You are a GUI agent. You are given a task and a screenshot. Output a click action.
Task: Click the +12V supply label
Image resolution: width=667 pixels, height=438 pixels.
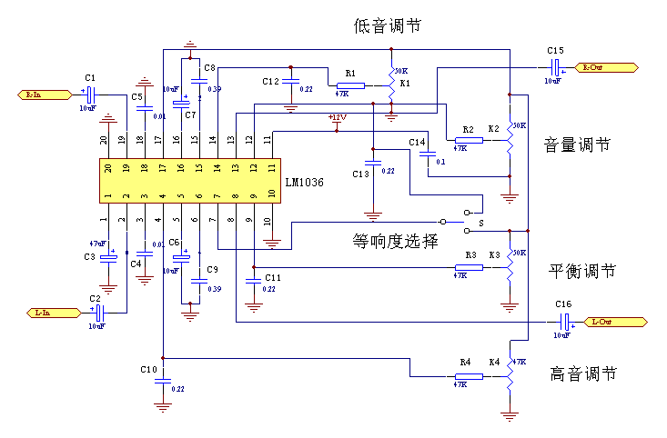[338, 117]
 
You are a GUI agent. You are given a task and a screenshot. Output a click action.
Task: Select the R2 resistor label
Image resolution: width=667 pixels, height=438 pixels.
[468, 129]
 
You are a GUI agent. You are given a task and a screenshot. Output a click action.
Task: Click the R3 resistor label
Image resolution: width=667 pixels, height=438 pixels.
[470, 255]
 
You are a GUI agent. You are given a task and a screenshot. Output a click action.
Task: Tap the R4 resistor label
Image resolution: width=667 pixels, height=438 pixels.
[465, 363]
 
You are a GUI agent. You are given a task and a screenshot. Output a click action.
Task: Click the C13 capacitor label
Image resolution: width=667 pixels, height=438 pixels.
[360, 174]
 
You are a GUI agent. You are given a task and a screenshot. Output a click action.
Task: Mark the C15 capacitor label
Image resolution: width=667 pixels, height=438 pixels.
[555, 51]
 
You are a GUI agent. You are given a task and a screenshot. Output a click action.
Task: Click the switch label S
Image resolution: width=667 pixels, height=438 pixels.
[480, 222]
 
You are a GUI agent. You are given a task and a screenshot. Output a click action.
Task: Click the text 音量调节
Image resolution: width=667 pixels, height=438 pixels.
[577, 144]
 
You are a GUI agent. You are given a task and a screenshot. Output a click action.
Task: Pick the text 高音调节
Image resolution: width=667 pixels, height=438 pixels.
[583, 373]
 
